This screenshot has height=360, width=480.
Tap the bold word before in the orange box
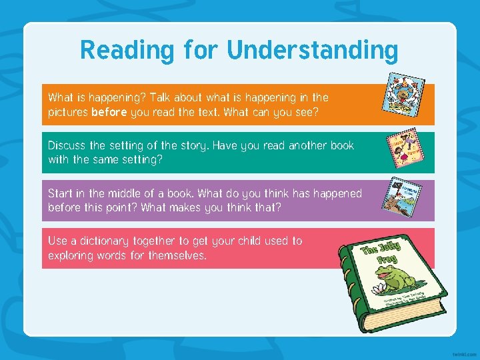coord(109,113)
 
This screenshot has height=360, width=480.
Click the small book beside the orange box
coord(402,93)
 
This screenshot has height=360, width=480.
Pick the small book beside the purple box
coord(403,196)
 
